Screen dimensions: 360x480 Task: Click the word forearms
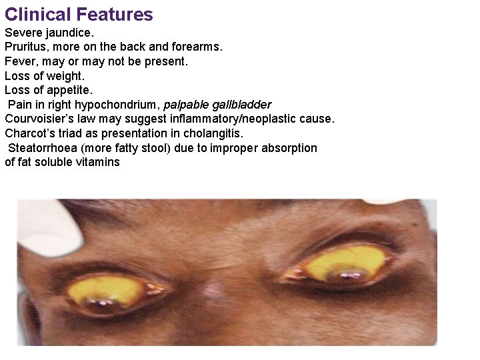point(198,47)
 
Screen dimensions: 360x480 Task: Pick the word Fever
point(19,61)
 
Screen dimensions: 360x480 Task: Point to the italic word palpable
point(185,105)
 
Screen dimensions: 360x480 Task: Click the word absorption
point(291,148)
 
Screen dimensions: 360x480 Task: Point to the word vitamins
point(98,162)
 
